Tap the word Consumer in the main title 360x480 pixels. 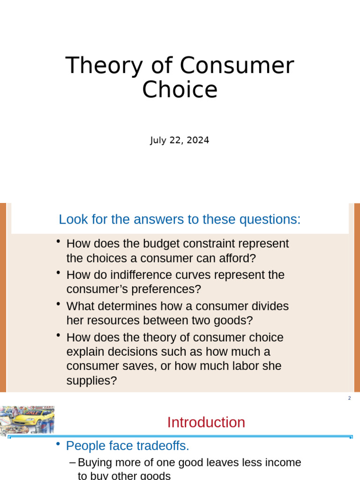236,66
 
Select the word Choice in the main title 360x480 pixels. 180,90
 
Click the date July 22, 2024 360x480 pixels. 180,140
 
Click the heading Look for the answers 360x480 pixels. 180,219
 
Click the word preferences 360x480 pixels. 167,289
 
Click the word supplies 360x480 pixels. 91,381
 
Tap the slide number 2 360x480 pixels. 349,398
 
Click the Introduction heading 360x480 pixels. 206,422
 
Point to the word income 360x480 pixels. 282,463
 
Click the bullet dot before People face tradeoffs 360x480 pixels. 58,444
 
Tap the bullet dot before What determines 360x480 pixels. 58,305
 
